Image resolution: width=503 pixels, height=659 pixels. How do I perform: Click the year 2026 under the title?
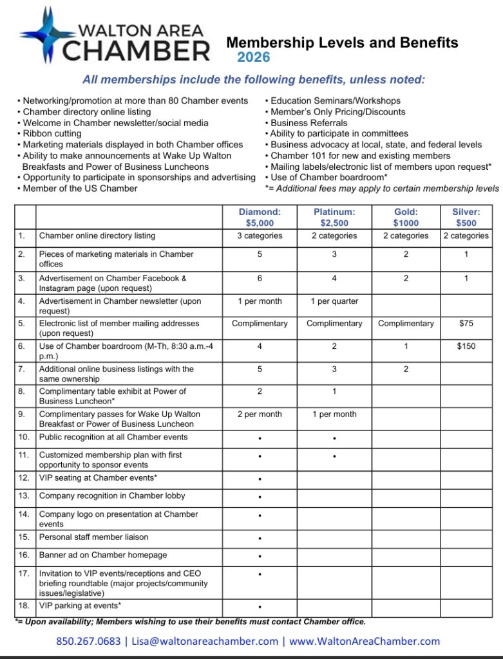(x=253, y=58)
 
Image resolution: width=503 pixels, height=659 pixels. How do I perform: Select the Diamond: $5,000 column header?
(x=260, y=218)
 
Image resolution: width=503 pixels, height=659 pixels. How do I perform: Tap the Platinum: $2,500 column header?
(x=334, y=218)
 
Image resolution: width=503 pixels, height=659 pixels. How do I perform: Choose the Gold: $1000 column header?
(x=406, y=218)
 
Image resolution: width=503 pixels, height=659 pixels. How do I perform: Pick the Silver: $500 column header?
(x=466, y=218)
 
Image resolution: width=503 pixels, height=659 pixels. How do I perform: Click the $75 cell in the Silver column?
(x=466, y=323)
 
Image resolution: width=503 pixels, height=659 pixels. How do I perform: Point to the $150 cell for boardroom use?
(x=466, y=346)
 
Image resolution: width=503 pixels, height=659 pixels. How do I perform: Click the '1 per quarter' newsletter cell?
(x=334, y=301)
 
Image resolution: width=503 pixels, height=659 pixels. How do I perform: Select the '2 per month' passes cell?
(x=260, y=414)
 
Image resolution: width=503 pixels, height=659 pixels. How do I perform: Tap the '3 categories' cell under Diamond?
(x=260, y=236)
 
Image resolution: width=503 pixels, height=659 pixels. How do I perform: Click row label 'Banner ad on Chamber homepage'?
(x=103, y=555)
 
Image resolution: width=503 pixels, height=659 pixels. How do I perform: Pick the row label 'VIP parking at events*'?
(x=80, y=606)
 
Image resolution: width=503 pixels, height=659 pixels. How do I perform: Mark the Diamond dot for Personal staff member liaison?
(x=260, y=538)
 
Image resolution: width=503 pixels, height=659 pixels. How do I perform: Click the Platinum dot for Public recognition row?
(x=334, y=438)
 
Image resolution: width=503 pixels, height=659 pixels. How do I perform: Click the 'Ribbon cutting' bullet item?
(x=52, y=133)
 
